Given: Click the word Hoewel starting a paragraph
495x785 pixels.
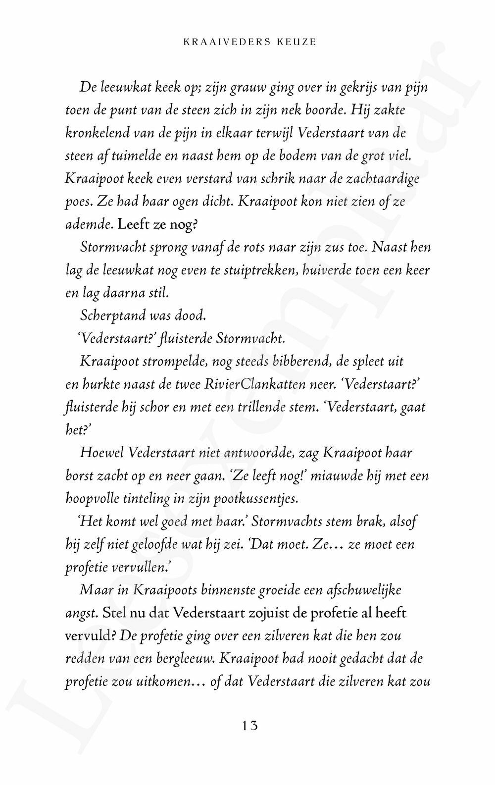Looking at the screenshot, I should click(x=101, y=453).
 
